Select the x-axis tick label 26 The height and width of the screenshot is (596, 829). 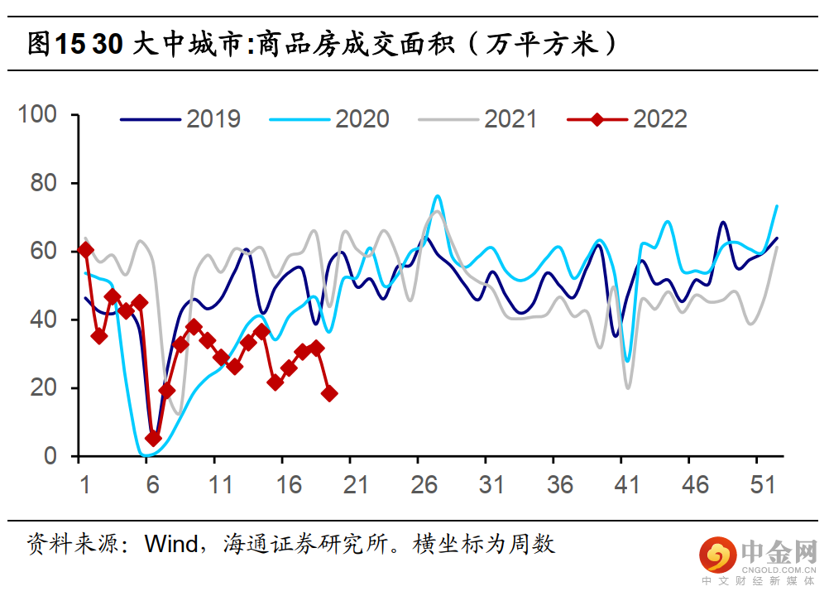click(424, 485)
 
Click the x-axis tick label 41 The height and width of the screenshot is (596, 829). click(628, 485)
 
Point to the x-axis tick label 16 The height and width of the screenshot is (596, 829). click(288, 485)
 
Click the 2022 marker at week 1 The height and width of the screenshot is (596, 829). click(85, 249)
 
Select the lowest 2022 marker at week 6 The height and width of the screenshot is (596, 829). click(153, 439)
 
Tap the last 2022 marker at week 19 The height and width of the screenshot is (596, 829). click(329, 393)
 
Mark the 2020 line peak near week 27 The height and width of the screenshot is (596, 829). click(437, 196)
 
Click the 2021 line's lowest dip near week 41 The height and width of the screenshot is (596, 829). click(628, 387)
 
